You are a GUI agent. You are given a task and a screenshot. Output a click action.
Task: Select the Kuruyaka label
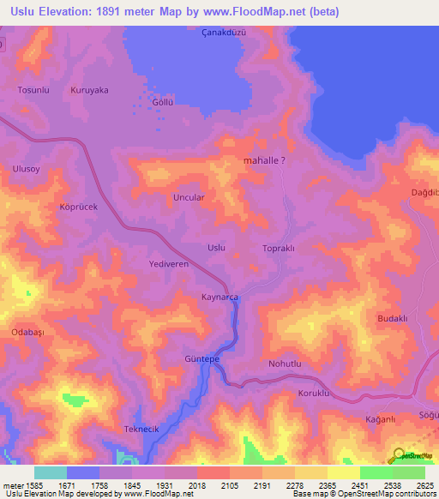(89, 89)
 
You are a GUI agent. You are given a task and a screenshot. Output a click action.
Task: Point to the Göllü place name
(163, 101)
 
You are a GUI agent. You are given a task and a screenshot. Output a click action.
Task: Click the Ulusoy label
(27, 169)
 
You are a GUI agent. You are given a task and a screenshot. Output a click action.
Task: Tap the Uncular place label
(189, 196)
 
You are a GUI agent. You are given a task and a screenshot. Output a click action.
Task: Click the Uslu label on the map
(217, 248)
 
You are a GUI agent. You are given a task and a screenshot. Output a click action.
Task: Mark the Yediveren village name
(168, 265)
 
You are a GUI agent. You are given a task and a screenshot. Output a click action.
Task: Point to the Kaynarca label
(219, 297)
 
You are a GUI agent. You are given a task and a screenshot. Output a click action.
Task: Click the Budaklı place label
(392, 318)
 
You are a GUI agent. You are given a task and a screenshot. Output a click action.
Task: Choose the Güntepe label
(203, 358)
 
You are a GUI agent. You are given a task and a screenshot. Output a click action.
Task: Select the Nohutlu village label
(286, 364)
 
